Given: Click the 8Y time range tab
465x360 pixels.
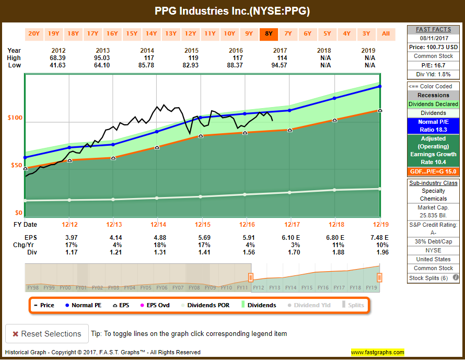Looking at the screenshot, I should pyautogui.click(x=269, y=34).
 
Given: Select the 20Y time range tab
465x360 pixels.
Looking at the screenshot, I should pyautogui.click(x=34, y=34).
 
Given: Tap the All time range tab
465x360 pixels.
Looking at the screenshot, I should pyautogui.click(x=386, y=34).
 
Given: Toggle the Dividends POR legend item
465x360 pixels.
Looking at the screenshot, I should pyautogui.click(x=207, y=305).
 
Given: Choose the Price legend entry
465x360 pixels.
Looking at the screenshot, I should pyautogui.click(x=44, y=305).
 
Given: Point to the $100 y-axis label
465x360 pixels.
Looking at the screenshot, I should pyautogui.click(x=15, y=118).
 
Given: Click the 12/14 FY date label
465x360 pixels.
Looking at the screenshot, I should pyautogui.click(x=158, y=225).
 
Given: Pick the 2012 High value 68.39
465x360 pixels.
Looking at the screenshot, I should pyautogui.click(x=69, y=58).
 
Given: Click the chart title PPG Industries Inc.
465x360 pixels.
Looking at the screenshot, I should pyautogui.click(x=232, y=11).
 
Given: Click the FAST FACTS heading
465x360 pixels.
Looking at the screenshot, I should pyautogui.click(x=433, y=29).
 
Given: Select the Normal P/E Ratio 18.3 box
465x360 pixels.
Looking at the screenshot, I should pyautogui.click(x=433, y=125).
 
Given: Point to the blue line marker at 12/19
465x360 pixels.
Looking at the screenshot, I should pyautogui.click(x=380, y=86).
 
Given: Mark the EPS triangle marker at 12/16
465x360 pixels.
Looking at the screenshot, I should pyautogui.click(x=245, y=133).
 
